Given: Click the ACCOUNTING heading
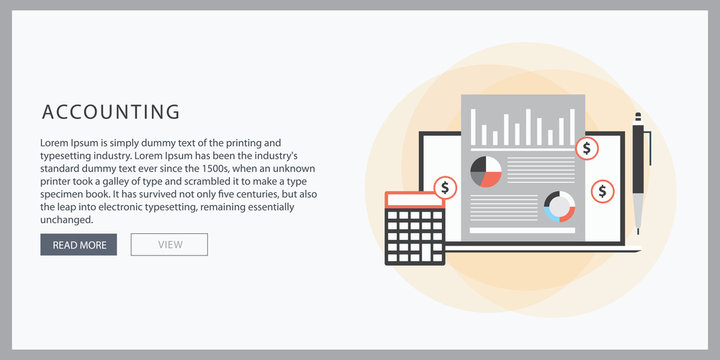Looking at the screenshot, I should coord(110,112).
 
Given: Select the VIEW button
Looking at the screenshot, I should coord(169,244).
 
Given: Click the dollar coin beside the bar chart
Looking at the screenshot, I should coord(587,149).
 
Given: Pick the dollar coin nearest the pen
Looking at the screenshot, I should coord(602,190).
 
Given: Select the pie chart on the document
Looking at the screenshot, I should coord(485,171).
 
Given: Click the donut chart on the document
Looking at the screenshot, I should coord(559,206).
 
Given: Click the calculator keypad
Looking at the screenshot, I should coord(415,236).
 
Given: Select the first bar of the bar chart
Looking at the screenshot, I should coord(474,127).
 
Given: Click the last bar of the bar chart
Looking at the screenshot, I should coord(572,127).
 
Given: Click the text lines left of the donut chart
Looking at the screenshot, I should coord(503,206).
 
